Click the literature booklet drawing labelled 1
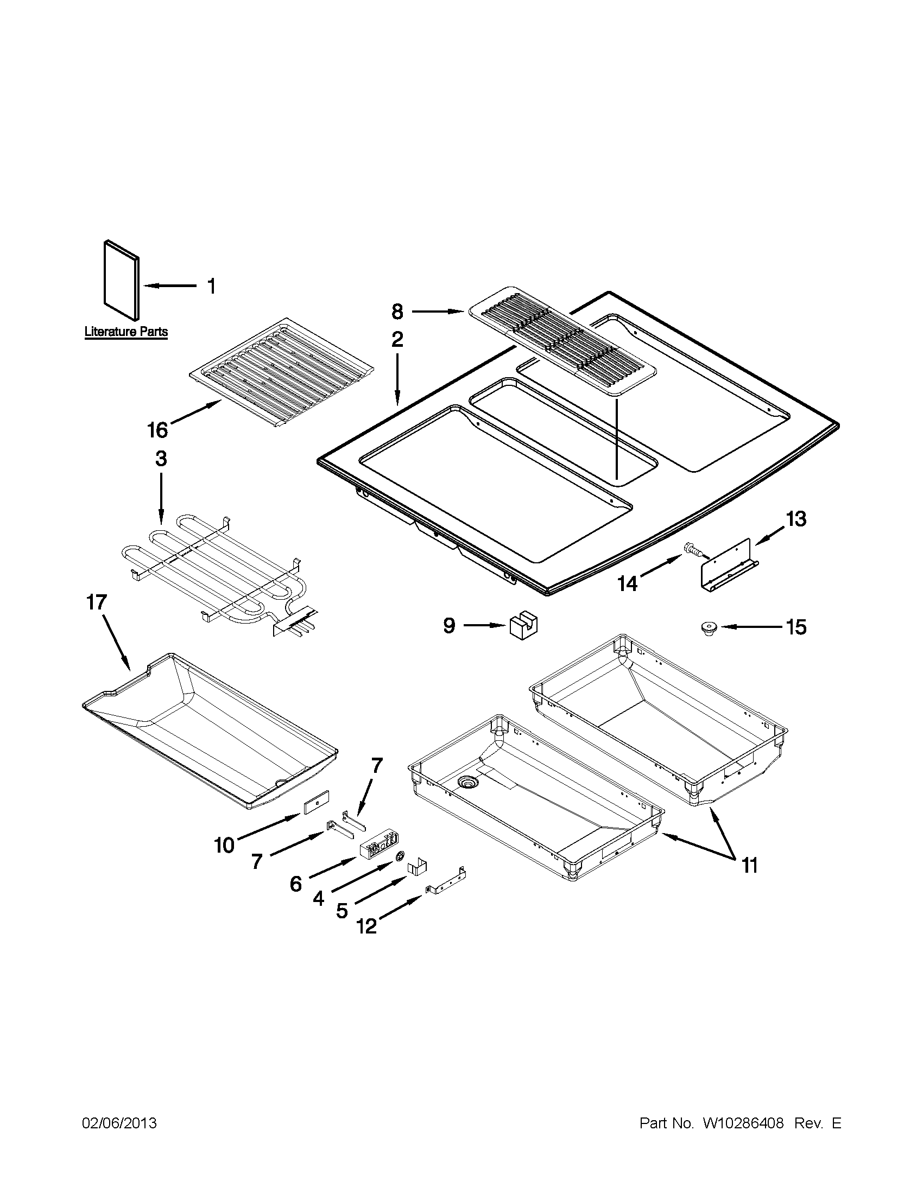[x=122, y=281]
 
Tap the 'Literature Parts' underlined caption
[x=126, y=332]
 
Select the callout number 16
[x=157, y=430]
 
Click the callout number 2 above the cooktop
[x=397, y=340]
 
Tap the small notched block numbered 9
[x=524, y=626]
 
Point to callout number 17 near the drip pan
[x=97, y=603]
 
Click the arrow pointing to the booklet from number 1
[x=169, y=286]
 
